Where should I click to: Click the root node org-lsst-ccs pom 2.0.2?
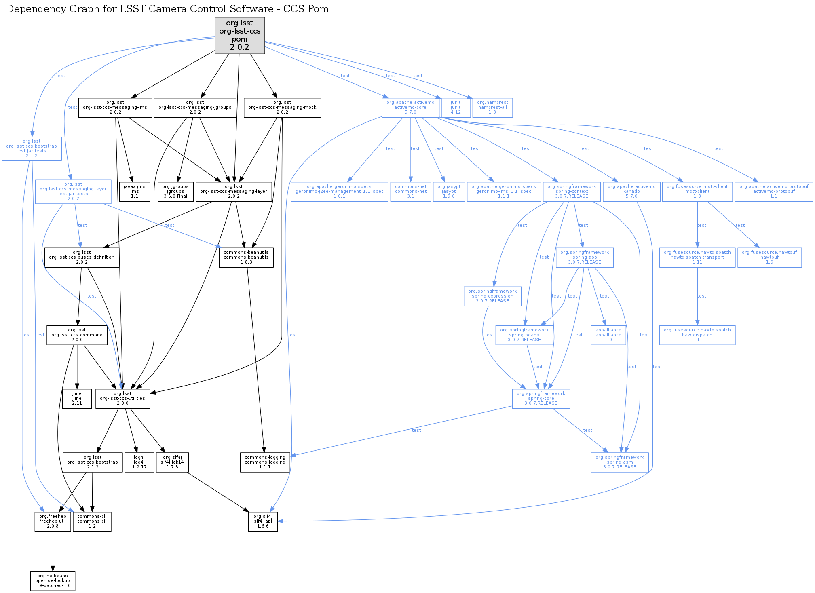[x=240, y=35]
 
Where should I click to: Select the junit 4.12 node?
[x=456, y=108]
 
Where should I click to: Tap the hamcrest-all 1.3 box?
[x=492, y=108]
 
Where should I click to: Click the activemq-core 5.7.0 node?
[x=410, y=108]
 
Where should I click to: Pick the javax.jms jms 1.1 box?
[x=135, y=192]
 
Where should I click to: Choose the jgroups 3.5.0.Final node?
[x=175, y=192]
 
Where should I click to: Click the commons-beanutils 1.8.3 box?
[x=246, y=257]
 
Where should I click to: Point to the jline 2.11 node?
[x=77, y=399]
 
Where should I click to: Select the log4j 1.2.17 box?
[x=139, y=462]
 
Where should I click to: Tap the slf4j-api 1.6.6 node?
[x=263, y=521]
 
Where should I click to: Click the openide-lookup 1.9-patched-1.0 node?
[x=53, y=581]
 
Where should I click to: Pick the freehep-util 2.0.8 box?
[x=53, y=521]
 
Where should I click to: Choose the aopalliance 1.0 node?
[x=608, y=335]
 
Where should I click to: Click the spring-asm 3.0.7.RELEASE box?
[x=620, y=462]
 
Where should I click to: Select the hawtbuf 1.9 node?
[x=769, y=257]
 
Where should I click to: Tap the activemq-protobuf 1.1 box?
[x=774, y=192]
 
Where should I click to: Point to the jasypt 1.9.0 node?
[x=449, y=192]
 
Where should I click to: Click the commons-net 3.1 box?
[x=411, y=192]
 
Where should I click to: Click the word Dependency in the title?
[x=32, y=9]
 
